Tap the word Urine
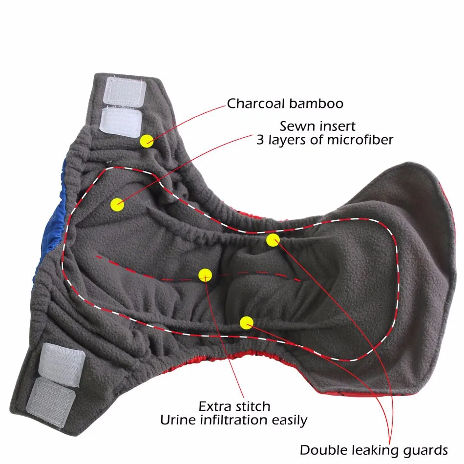(177, 420)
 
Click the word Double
(323, 449)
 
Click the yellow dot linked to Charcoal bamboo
(147, 141)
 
